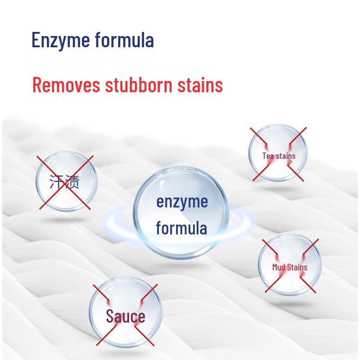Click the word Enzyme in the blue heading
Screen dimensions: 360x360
point(61,41)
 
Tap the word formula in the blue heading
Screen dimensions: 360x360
point(124,40)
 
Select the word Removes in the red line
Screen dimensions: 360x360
point(66,85)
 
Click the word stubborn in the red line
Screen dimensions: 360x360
point(139,85)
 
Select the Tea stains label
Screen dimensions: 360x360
point(279,156)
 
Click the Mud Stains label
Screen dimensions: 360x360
point(290,267)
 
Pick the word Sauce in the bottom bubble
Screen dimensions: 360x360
point(126,316)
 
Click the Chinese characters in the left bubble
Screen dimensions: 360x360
point(64,182)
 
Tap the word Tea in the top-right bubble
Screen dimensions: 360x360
point(268,156)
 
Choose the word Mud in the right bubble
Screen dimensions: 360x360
point(279,267)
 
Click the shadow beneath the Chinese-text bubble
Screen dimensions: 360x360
point(65,220)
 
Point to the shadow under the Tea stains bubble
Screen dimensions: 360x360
point(279,189)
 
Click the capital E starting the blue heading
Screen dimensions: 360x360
point(36,40)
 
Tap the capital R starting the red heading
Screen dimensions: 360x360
point(37,85)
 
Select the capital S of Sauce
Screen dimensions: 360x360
point(110,316)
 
